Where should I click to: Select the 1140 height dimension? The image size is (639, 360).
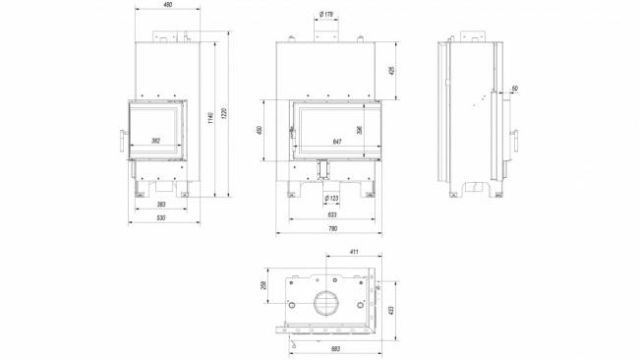pos(209,117)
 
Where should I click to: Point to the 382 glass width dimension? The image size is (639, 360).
pos(154,141)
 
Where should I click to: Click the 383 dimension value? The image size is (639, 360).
pos(161,204)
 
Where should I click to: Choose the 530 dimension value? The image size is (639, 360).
pos(161,219)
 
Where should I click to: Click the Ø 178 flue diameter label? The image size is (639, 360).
pos(324,14)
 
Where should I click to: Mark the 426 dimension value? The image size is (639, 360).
pos(391,71)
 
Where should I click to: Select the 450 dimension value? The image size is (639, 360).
pos(260,131)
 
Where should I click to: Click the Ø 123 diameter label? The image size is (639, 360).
pos(331,199)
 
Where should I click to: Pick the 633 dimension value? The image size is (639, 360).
pos(331,213)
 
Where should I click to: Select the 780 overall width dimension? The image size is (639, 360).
pos(331,229)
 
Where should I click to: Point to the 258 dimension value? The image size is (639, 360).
pos(263,285)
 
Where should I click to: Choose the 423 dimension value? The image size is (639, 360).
pos(391,310)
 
